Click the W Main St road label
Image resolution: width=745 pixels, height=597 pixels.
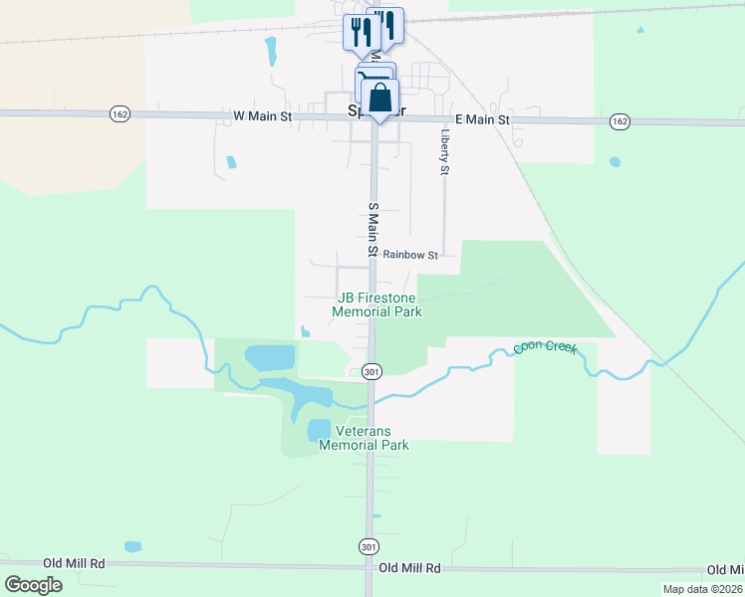pos(263,116)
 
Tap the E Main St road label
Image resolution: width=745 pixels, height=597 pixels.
pos(482,119)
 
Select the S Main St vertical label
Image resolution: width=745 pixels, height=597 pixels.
pos(373,230)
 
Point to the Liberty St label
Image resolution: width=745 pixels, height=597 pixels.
pos(444,149)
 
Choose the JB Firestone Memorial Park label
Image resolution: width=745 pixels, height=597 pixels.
pos(378,304)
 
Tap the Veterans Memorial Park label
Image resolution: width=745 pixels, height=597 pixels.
pos(365,438)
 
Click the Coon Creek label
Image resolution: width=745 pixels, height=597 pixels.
pos(545,348)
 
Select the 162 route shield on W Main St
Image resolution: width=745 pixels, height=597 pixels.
pos(119,114)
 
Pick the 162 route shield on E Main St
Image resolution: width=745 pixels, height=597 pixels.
pos(619,120)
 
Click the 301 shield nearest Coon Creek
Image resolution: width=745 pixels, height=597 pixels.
pos(371,371)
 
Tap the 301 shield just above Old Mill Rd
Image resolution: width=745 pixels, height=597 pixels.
pos(368,546)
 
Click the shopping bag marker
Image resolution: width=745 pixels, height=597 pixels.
pos(379,99)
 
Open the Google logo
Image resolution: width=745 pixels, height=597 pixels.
pos(33,585)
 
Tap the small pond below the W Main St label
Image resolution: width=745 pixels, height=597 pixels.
pos(231,162)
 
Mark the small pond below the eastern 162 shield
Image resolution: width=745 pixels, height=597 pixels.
pos(615,161)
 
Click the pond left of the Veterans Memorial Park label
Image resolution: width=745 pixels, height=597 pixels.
pos(318,430)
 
